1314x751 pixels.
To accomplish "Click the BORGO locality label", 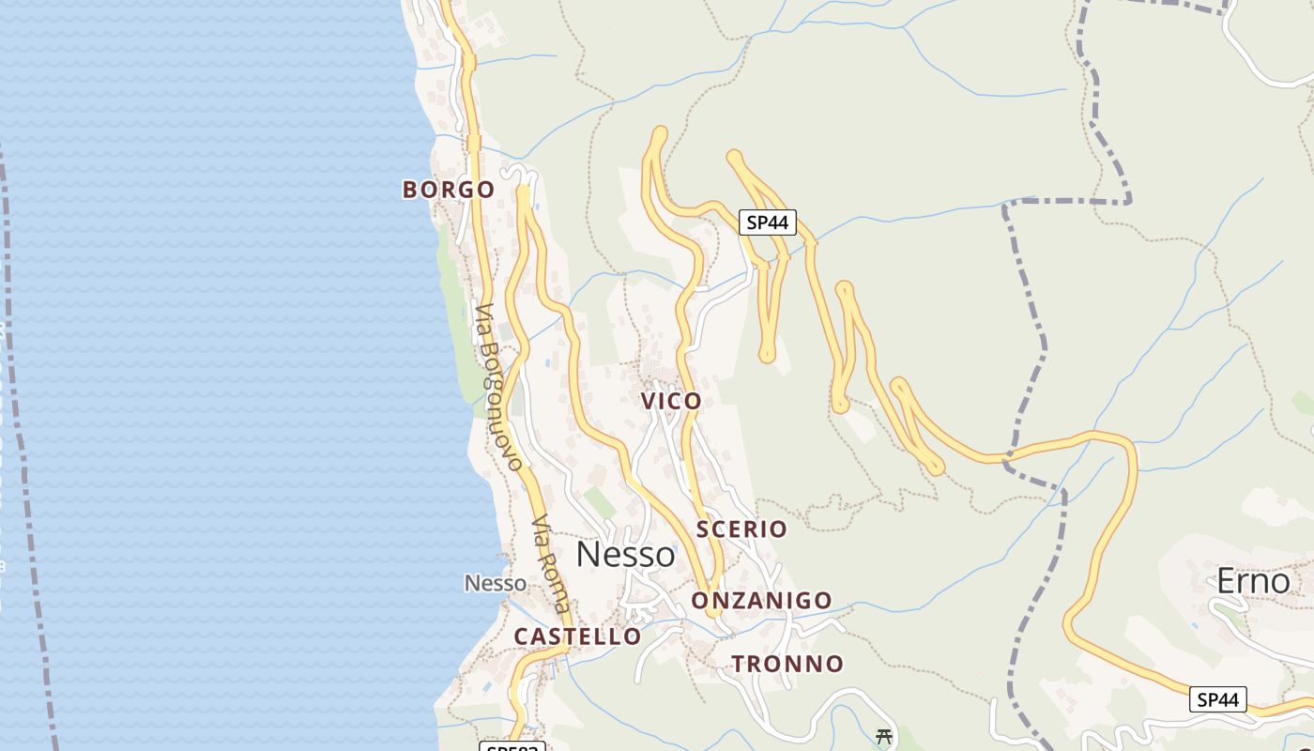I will [x=448, y=190].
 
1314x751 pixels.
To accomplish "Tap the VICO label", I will [x=671, y=401].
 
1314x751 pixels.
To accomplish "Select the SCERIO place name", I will [x=741, y=529].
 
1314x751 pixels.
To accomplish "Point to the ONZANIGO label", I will [x=761, y=601].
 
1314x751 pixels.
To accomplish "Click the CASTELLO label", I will [x=577, y=636].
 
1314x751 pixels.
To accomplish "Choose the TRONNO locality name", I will [x=787, y=664].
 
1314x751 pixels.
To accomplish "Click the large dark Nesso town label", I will [x=625, y=555].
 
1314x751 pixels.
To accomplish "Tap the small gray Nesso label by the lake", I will [x=496, y=583].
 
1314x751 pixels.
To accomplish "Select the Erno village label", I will [x=1254, y=582].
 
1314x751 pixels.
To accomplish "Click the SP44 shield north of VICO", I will [x=767, y=222].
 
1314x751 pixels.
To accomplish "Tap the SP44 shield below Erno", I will [x=1218, y=699].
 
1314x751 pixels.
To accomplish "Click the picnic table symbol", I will [x=883, y=736].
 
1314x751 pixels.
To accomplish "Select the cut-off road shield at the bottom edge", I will [x=512, y=746].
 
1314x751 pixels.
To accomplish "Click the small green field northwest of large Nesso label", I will [x=600, y=503].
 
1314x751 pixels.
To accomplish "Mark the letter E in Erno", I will [x=1226, y=582].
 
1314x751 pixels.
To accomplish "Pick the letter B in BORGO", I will [x=409, y=190].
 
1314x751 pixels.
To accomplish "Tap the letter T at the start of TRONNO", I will [x=739, y=664].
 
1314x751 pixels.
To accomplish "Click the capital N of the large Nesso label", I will [x=588, y=555].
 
